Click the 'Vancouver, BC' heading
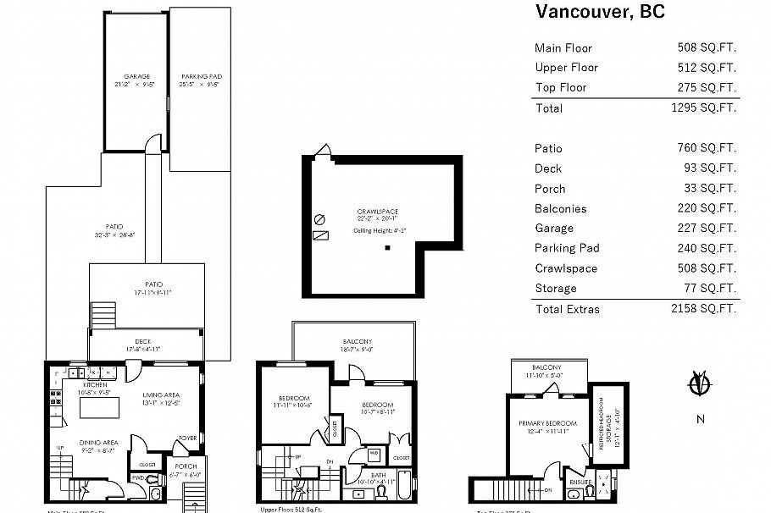point(600,12)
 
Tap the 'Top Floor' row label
point(560,87)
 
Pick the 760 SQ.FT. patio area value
point(710,148)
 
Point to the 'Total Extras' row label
point(567,309)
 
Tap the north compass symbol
point(699,385)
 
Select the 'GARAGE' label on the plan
point(136,76)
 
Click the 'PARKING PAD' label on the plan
point(201,76)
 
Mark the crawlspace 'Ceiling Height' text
point(380,230)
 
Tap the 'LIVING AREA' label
point(160,394)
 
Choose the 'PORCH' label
point(185,466)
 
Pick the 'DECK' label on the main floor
point(143,341)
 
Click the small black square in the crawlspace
point(387,248)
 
